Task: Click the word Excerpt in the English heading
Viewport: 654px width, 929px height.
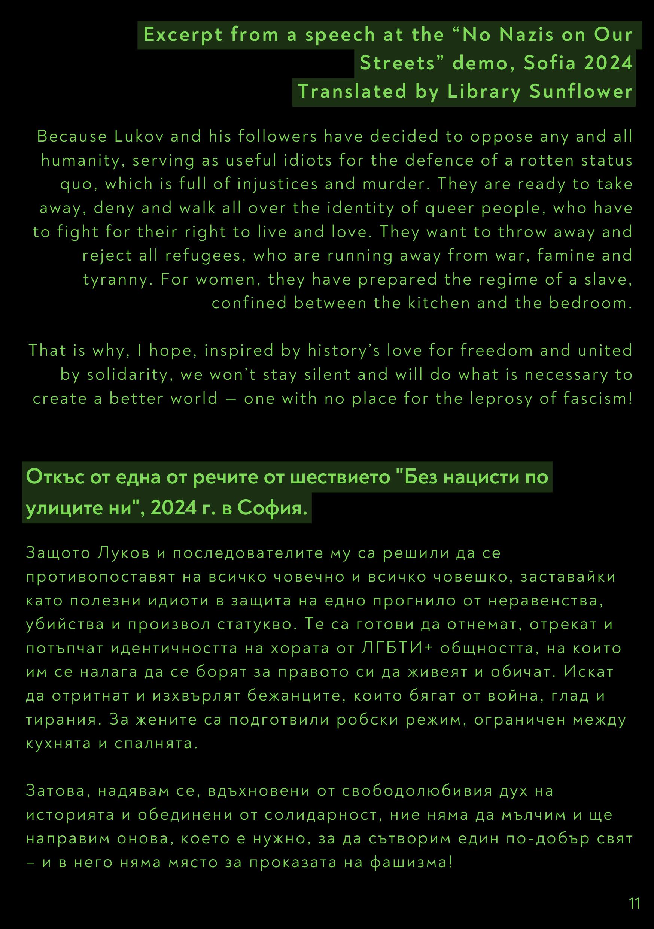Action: coord(183,35)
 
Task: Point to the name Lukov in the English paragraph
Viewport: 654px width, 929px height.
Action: coord(139,137)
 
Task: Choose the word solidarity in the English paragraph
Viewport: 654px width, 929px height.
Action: coord(127,375)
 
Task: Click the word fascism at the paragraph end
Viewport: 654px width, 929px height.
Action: coord(597,398)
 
